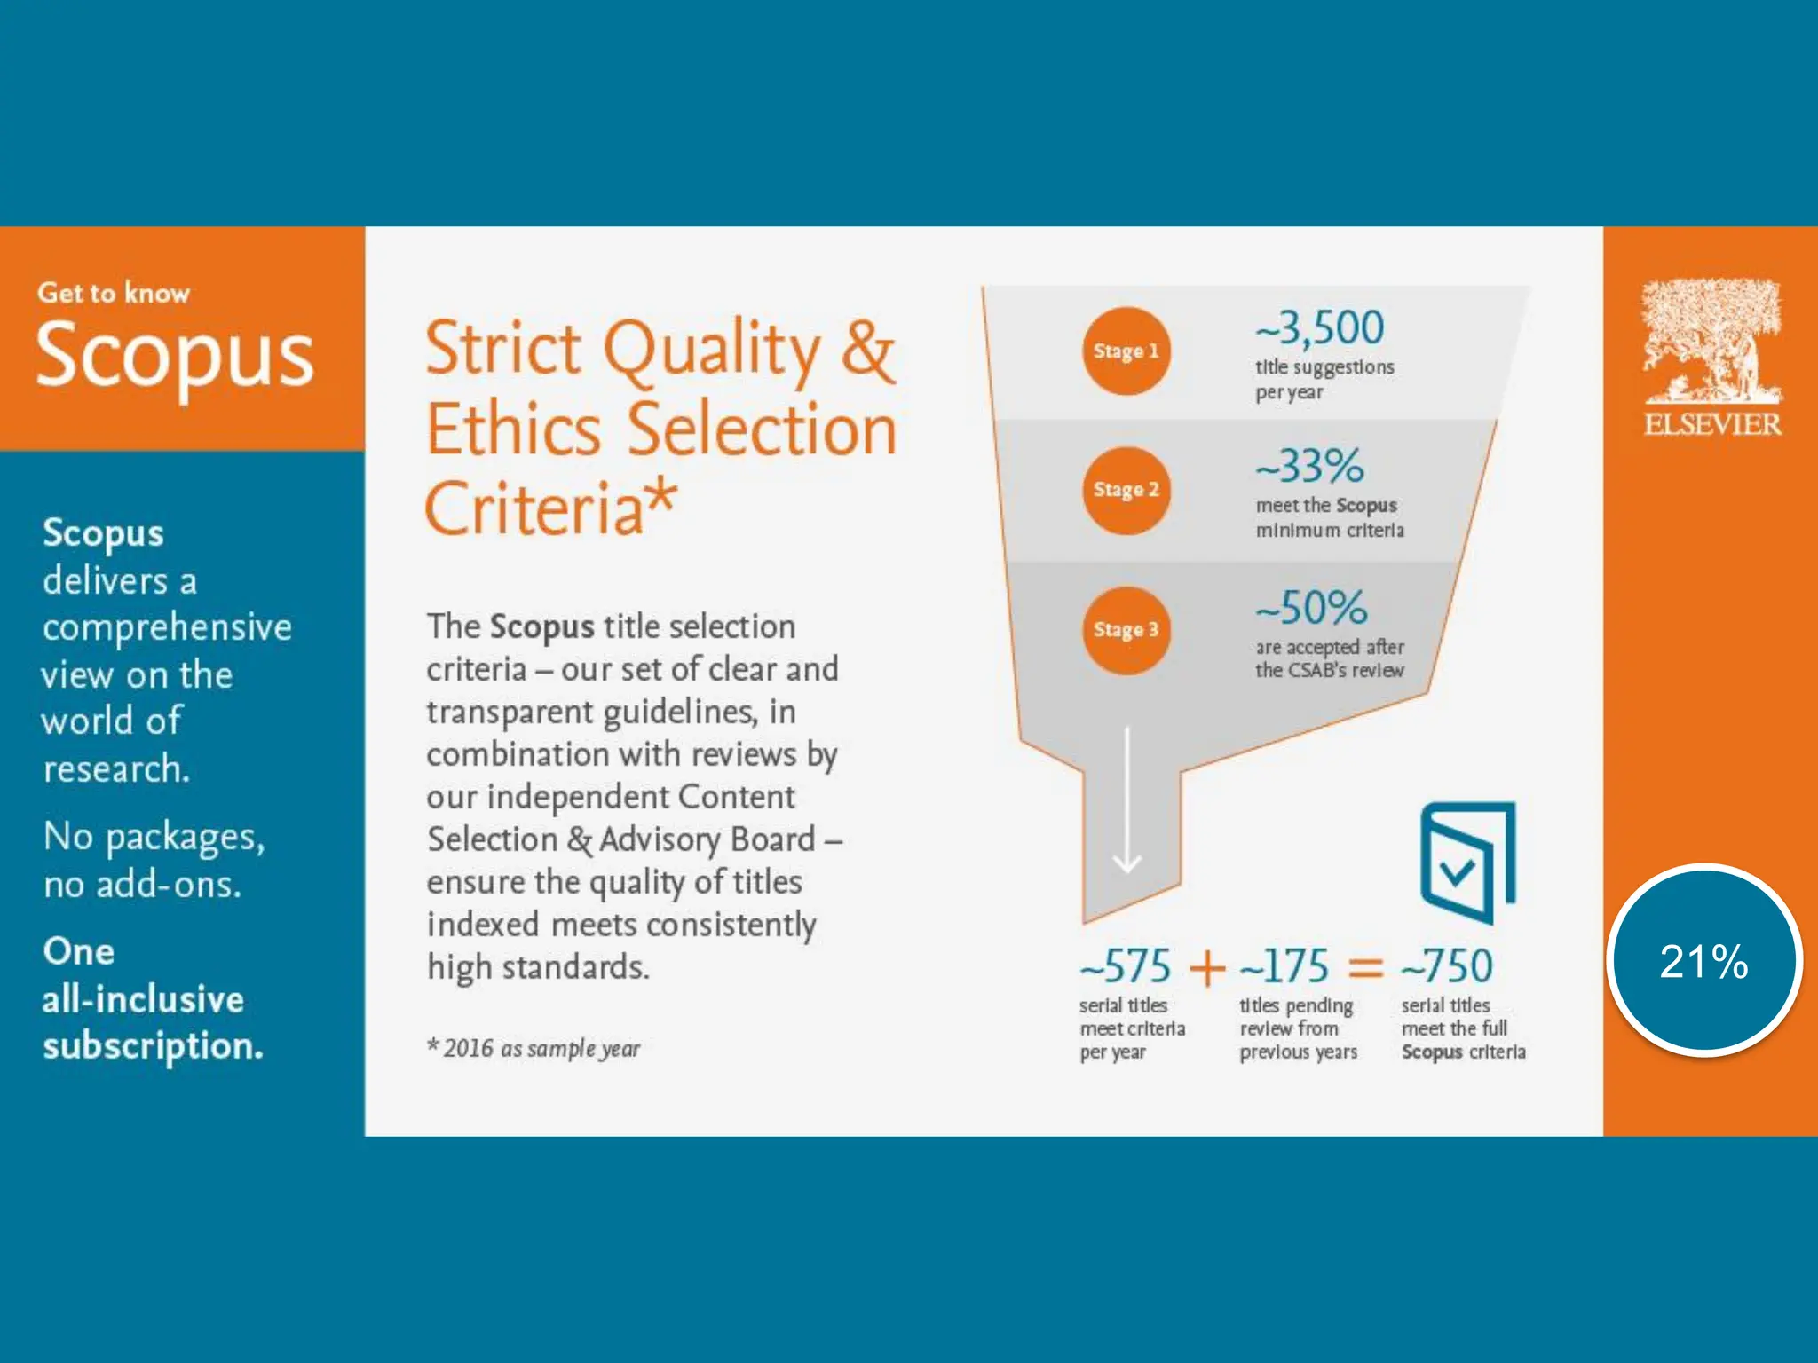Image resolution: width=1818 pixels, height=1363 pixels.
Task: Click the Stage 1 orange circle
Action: (1126, 351)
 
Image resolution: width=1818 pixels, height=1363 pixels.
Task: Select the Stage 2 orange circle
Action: (1126, 490)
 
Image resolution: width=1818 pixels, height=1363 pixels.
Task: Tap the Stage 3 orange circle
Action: (1126, 630)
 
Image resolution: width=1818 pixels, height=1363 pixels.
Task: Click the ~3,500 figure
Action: (1320, 328)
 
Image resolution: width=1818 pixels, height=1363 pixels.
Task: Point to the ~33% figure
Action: (1310, 466)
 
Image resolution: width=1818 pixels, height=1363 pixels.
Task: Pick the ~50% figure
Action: (1311, 609)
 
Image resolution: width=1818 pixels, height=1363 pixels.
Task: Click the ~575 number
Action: (1126, 966)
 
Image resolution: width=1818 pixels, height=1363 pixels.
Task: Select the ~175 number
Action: (1284, 966)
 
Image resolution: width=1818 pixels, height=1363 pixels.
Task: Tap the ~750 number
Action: (1447, 966)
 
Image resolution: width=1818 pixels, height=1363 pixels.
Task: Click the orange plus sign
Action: (1207, 967)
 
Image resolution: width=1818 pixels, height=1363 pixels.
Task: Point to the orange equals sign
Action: (1365, 967)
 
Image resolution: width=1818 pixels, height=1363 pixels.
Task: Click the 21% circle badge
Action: (1703, 961)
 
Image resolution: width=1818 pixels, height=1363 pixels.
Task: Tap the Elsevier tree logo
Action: (1711, 341)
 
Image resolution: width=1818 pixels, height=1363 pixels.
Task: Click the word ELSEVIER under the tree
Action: (1712, 424)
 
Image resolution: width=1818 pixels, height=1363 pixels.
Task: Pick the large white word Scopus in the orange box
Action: (176, 356)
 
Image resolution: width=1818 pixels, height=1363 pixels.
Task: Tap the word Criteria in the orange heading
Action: (535, 508)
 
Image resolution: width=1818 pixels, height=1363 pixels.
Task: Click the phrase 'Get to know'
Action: (114, 293)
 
